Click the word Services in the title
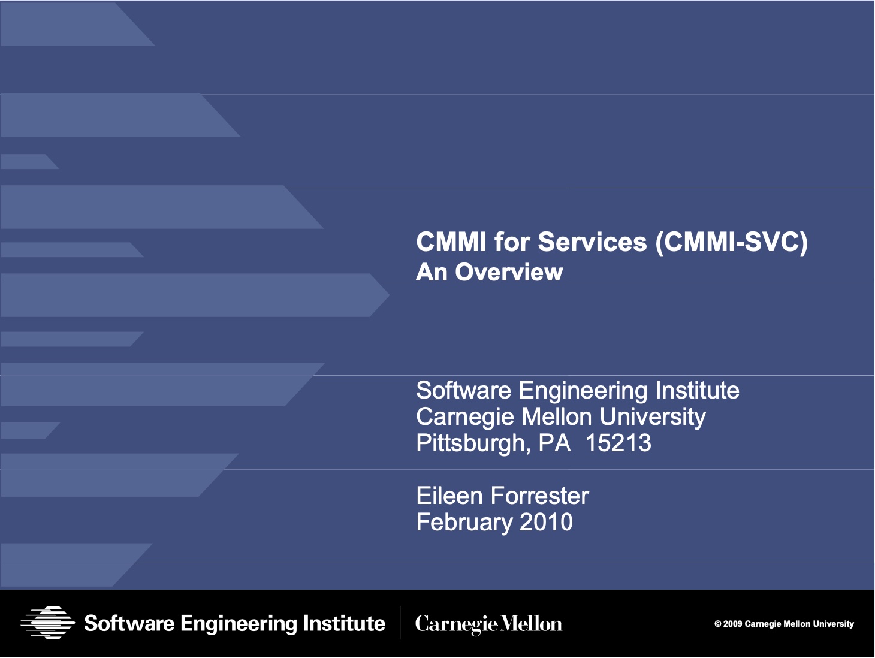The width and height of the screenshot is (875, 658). pyautogui.click(x=592, y=242)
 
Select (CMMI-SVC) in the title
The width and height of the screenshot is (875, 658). pyautogui.click(x=732, y=242)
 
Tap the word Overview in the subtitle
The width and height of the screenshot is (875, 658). pyautogui.click(x=509, y=272)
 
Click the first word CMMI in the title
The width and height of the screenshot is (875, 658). pyautogui.click(x=451, y=242)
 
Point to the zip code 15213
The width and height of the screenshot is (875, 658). pyautogui.click(x=618, y=443)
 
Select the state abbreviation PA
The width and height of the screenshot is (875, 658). pyautogui.click(x=554, y=443)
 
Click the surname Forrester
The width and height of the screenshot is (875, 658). pyautogui.click(x=540, y=496)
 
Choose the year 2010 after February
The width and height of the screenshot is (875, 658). pyautogui.click(x=546, y=522)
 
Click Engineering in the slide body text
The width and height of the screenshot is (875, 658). pyautogui.click(x=583, y=391)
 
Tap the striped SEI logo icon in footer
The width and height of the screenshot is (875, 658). pyautogui.click(x=48, y=623)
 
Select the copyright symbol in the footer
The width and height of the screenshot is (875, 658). pyautogui.click(x=717, y=624)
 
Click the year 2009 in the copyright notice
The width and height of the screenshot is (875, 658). pyautogui.click(x=733, y=624)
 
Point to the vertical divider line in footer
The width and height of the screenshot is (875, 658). pyautogui.click(x=400, y=623)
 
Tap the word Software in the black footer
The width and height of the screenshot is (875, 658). pyautogui.click(x=129, y=623)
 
